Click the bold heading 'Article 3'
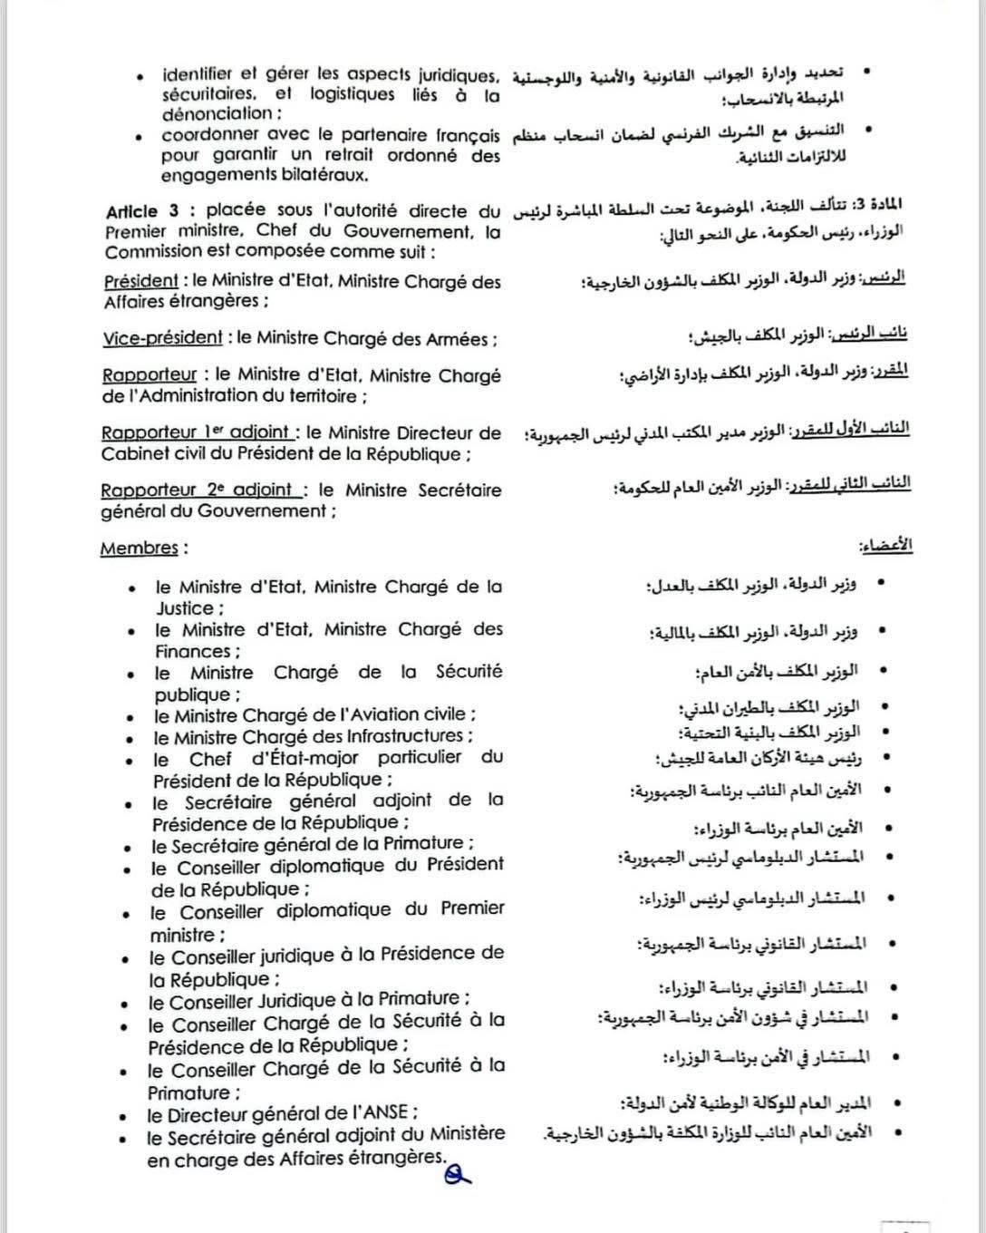coord(142,211)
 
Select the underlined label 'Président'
coord(140,282)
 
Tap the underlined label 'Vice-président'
coord(162,339)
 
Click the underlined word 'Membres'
coord(139,549)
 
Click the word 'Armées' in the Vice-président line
coord(463,339)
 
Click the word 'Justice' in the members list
coord(185,609)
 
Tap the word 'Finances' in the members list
coord(193,652)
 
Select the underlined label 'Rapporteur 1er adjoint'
coord(196,433)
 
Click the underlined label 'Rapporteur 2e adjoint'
coord(200,490)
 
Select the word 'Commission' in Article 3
coord(149,252)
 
